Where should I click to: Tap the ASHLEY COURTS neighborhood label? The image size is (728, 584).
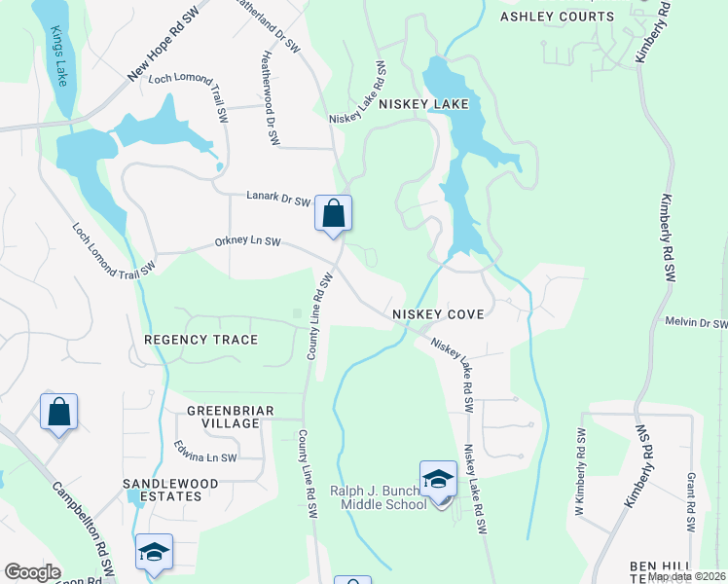pos(557,17)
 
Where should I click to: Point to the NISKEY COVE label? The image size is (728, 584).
pos(438,315)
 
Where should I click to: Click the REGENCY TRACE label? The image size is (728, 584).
pos(200,340)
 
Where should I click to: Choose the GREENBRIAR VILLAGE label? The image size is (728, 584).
pos(217,417)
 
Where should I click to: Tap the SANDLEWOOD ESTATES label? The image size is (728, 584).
pos(163,490)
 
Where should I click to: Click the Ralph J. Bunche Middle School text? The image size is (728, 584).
pos(378,497)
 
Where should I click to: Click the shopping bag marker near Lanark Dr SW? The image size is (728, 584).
pos(333,213)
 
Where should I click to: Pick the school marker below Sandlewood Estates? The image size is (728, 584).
pos(155,552)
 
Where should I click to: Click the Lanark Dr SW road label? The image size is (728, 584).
pos(277,201)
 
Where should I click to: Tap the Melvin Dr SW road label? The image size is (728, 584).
pos(696,323)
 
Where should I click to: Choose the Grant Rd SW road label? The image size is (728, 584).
pos(690,502)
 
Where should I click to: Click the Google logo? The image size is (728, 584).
pos(32,572)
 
